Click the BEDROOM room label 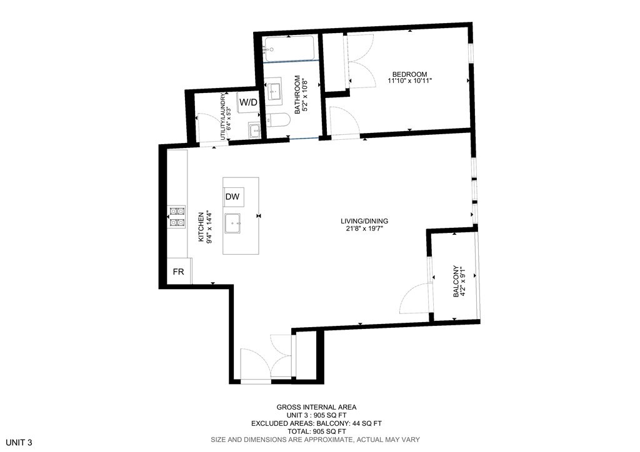click(x=409, y=74)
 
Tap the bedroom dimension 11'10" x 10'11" click(x=409, y=81)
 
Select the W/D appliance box click(x=248, y=102)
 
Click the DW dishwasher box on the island click(x=232, y=197)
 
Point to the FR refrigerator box click(x=178, y=272)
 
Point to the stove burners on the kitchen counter click(x=177, y=216)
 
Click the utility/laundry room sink click(x=254, y=130)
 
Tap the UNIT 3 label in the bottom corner click(x=16, y=442)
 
